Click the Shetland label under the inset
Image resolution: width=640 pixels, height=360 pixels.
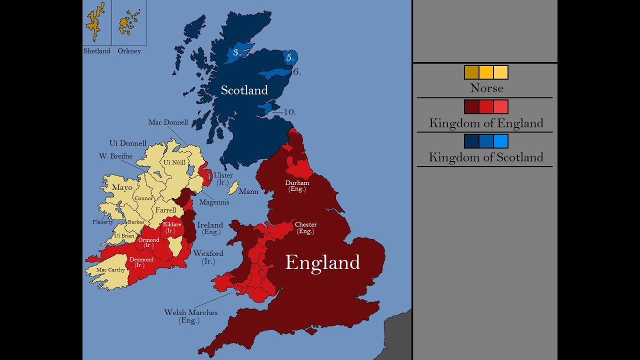tap(96, 51)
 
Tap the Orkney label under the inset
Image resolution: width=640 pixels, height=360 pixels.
tap(129, 51)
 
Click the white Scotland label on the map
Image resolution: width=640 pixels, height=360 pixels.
tap(244, 90)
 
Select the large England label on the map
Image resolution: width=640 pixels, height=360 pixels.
tap(322, 262)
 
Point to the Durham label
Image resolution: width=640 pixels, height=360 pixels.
tap(297, 183)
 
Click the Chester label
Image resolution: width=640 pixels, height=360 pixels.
tap(305, 225)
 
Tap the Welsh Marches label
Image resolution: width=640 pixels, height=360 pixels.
tap(190, 313)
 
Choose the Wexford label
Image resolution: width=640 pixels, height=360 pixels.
tap(208, 254)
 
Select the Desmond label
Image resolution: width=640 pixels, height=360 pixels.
tap(141, 260)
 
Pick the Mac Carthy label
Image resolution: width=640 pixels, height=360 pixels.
tap(110, 270)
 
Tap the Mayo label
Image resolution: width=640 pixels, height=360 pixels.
tap(122, 188)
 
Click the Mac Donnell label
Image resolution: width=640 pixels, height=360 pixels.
tap(168, 122)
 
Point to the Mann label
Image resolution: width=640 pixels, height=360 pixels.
tap(248, 192)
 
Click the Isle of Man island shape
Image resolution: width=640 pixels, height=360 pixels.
tap(232, 188)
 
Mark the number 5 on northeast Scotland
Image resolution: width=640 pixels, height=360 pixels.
tap(289, 57)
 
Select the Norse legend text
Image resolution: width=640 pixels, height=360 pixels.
tap(486, 88)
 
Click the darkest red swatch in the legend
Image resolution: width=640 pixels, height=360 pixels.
tap(471, 106)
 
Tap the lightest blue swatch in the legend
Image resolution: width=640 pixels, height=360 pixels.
tap(500, 141)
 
